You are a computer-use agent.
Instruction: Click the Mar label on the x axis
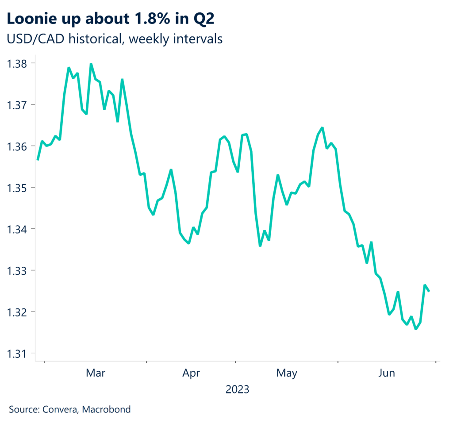[96, 374]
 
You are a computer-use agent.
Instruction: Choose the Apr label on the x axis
[191, 374]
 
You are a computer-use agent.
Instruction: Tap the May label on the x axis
[287, 374]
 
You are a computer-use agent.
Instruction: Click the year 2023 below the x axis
[237, 390]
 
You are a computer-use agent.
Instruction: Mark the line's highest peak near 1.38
[91, 64]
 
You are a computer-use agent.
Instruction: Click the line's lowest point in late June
[416, 328]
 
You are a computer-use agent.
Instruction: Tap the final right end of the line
[429, 291]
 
